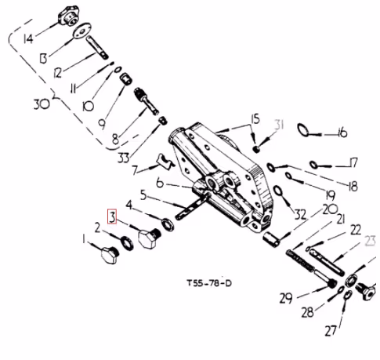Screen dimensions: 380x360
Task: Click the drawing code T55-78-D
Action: [209, 283]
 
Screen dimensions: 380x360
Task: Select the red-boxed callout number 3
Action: [112, 216]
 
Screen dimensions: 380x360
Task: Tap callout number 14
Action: [28, 39]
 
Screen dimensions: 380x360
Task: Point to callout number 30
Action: [42, 104]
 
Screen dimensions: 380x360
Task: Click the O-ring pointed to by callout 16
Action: [303, 130]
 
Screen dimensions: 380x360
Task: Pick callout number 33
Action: [124, 158]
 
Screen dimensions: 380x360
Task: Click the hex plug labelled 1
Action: [110, 255]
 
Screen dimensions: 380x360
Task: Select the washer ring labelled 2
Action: [127, 243]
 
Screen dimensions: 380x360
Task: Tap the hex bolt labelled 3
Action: [149, 238]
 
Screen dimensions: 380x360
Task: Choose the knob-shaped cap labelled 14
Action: [67, 16]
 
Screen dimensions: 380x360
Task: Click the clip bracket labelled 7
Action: [165, 161]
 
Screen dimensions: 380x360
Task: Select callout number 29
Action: [286, 298]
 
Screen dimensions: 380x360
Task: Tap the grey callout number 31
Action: [280, 125]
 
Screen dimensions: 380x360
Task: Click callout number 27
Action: [331, 331]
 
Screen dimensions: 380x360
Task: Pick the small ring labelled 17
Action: [313, 165]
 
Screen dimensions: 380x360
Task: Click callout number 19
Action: [330, 195]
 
